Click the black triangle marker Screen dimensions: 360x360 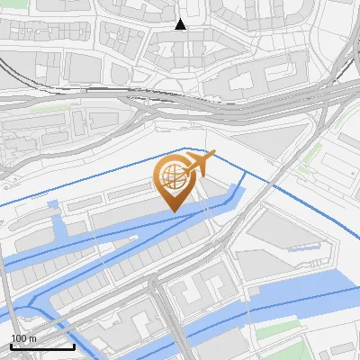[x=181, y=24]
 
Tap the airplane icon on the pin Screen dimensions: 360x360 [x=199, y=164]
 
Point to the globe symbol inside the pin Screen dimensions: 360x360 [x=172, y=177]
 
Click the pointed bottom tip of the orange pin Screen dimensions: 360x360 [x=175, y=211]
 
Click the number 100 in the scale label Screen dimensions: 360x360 [x=18, y=338]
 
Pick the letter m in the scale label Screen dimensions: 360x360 [x=31, y=338]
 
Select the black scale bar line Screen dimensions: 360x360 [x=42, y=346]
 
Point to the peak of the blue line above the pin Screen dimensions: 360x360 [x=185, y=148]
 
